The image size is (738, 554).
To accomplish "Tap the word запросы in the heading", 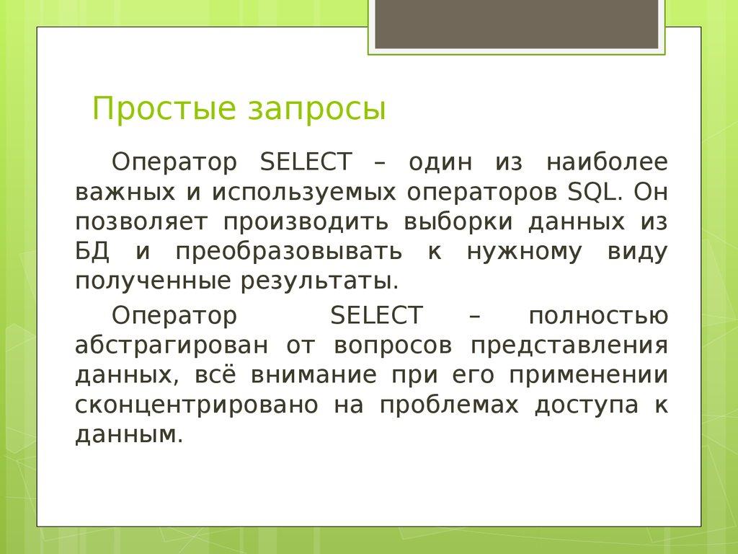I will pyautogui.click(x=317, y=110).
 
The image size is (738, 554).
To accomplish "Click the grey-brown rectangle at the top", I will pyautogui.click(x=516, y=25).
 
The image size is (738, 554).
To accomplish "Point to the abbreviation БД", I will pyautogui.click(x=92, y=251).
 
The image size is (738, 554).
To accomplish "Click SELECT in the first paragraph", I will pyautogui.click(x=306, y=162).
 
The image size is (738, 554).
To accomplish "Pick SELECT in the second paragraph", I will pyautogui.click(x=376, y=316).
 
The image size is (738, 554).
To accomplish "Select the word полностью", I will pyautogui.click(x=597, y=316).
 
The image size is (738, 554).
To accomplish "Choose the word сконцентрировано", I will pyautogui.click(x=196, y=405).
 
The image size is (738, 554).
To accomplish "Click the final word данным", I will pyautogui.click(x=125, y=435).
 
